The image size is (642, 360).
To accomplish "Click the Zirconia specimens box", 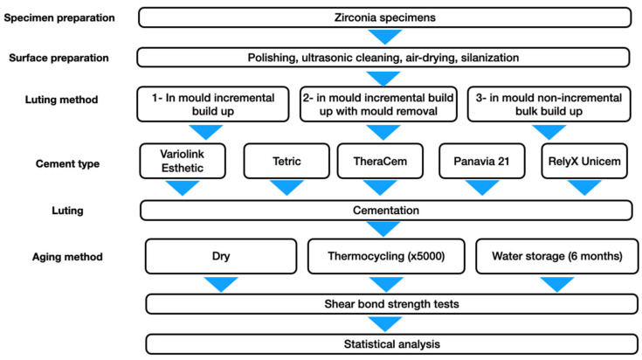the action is coord(385,17).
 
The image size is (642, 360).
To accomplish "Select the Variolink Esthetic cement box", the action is coord(183,161).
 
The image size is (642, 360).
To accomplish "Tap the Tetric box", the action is coord(286,161).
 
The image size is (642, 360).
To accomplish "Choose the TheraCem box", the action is coord(380,161).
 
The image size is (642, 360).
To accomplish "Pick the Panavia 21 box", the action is coord(482,161).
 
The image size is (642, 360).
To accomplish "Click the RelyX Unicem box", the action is coord(584,161).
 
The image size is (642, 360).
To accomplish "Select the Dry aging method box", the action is coord(221,256).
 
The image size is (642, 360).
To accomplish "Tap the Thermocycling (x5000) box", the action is coord(386,256).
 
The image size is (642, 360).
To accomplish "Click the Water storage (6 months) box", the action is coord(557,256).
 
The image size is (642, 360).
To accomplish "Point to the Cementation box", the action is coord(386,210).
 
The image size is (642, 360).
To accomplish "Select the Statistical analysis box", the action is coord(392,344).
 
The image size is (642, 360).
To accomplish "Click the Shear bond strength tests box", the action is coord(392,304).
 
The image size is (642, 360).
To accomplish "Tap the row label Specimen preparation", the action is coord(59,18).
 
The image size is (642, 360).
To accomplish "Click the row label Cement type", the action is coord(67,163).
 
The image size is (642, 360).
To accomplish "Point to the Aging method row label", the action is coord(67,257).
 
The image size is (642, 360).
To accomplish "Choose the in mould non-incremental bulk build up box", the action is coord(549,104).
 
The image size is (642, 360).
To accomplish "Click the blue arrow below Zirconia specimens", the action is coord(385,37).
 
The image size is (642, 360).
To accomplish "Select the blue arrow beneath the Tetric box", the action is coord(286,188).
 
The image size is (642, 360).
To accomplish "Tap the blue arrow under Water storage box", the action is coord(557,284).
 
